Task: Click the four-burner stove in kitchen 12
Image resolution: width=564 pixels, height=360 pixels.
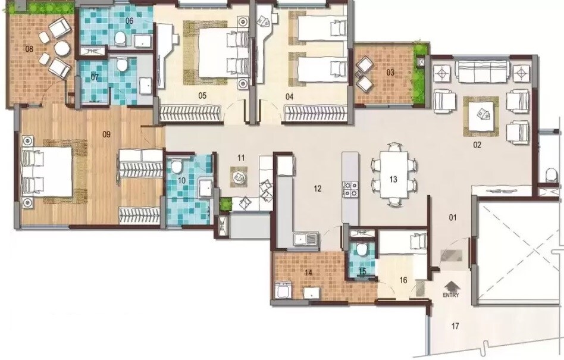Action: pos(349,189)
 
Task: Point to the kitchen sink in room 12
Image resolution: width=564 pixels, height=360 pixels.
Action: pos(306,240)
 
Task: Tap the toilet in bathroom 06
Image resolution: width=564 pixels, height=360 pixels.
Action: pos(120,39)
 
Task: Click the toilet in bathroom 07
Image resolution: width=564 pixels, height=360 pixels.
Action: pos(121,64)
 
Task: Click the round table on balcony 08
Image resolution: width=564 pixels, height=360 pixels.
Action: pos(59,48)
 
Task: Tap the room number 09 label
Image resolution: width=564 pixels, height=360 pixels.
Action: pos(106,134)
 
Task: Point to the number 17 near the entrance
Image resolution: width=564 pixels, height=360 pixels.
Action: pos(455,325)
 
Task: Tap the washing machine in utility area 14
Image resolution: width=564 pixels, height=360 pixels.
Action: pos(283,292)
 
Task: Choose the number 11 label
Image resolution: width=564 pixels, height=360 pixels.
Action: pos(241,158)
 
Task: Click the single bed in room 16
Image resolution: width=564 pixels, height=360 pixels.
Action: pos(403,240)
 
